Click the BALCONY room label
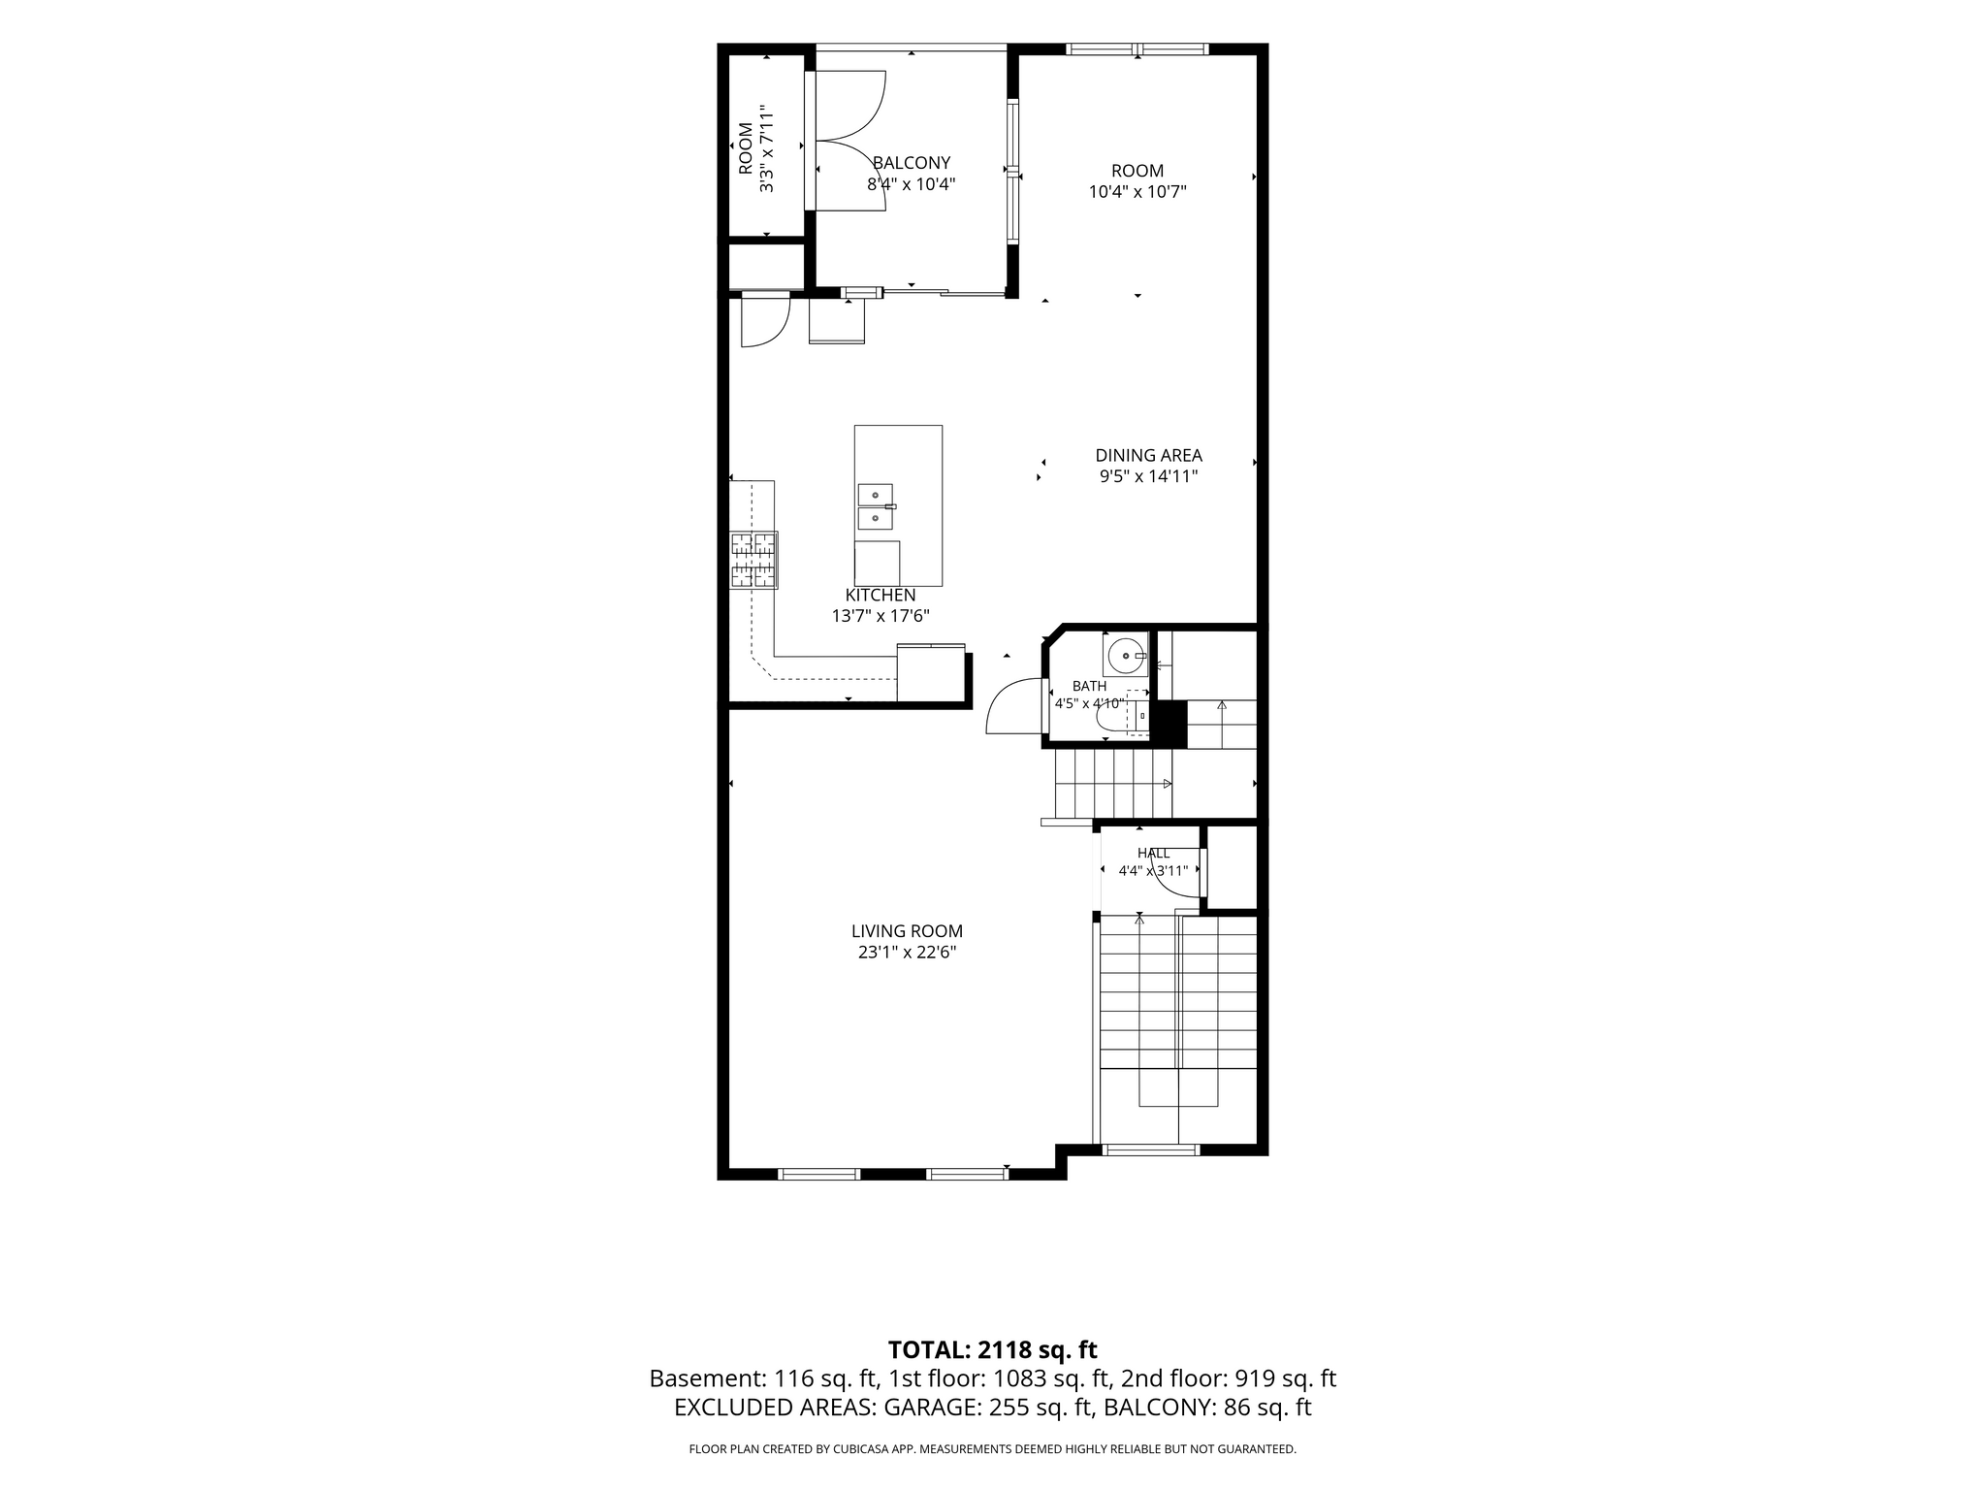tap(912, 163)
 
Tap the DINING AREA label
tap(1148, 455)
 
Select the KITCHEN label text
tap(881, 596)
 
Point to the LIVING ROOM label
tap(907, 931)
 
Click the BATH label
tap(1089, 686)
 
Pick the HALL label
tap(1153, 854)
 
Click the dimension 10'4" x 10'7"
tap(1137, 192)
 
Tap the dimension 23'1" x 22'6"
tap(907, 953)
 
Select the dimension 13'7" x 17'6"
tap(881, 616)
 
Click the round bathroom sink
tap(1125, 655)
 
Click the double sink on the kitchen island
tap(875, 506)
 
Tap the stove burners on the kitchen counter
tap(753, 560)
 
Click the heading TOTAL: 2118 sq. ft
tap(992, 1349)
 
